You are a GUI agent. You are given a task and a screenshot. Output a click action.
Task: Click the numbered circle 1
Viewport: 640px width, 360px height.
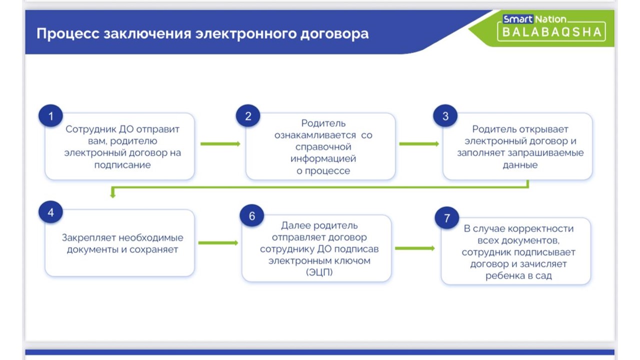pos(50,116)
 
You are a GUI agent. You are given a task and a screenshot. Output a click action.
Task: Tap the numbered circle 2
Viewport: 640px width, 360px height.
pos(248,116)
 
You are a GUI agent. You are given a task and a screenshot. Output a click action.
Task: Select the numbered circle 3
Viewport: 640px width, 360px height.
pos(445,116)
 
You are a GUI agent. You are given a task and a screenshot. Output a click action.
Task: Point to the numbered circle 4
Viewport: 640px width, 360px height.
pos(50,212)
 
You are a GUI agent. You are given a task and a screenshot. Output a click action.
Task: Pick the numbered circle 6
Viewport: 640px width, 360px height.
pos(251,215)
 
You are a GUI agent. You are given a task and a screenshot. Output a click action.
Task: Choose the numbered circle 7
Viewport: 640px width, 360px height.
pos(447,218)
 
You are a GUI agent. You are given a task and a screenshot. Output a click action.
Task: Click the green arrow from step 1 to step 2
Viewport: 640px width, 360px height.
pos(220,144)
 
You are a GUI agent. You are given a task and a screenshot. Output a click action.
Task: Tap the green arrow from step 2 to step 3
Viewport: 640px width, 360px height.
pos(418,144)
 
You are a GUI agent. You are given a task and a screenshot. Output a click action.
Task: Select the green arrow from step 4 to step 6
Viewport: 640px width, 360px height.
pos(218,243)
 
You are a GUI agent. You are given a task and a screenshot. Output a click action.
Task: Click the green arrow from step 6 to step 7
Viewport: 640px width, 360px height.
pos(414,248)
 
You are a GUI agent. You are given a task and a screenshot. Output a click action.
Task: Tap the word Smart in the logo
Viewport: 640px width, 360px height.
pos(517,19)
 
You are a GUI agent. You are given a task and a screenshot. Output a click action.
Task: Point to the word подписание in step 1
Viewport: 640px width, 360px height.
pos(122,165)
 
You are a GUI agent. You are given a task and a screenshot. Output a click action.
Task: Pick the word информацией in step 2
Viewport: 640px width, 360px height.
pos(323,159)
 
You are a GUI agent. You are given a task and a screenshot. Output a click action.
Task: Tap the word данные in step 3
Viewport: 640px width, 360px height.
pos(520,165)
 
